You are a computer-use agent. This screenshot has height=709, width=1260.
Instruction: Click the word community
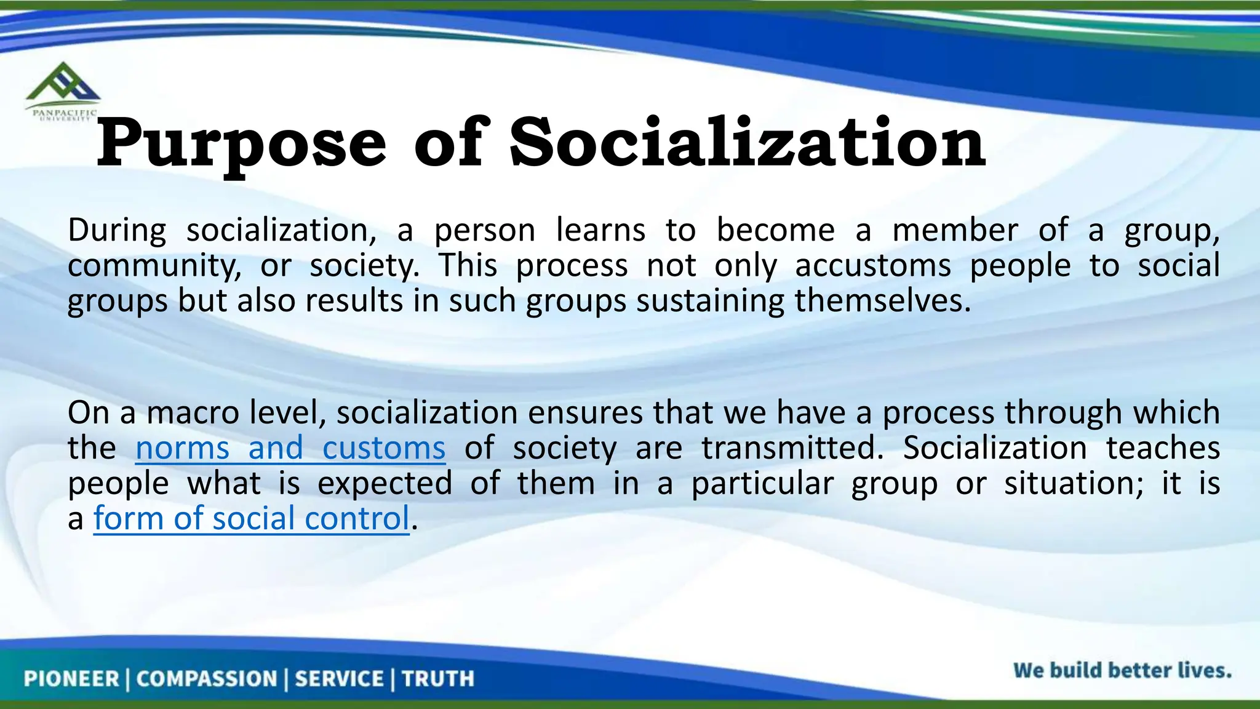(154, 266)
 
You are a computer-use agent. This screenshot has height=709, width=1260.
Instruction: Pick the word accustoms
(872, 266)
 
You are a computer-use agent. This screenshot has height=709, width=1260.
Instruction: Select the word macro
(193, 412)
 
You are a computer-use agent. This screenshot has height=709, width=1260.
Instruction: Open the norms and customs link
(290, 448)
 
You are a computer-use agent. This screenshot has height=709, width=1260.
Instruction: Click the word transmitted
(792, 448)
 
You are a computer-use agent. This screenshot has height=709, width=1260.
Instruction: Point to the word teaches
(1163, 448)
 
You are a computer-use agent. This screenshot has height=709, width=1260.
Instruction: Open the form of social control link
(251, 519)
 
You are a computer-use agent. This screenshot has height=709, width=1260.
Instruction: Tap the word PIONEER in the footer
(71, 679)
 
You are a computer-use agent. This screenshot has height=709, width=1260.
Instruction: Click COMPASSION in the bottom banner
(207, 679)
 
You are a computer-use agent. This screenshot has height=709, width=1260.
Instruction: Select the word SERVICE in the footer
(339, 679)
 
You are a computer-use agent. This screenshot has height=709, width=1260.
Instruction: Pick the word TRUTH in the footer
(438, 679)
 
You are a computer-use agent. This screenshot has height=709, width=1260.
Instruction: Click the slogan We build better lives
(1122, 670)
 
